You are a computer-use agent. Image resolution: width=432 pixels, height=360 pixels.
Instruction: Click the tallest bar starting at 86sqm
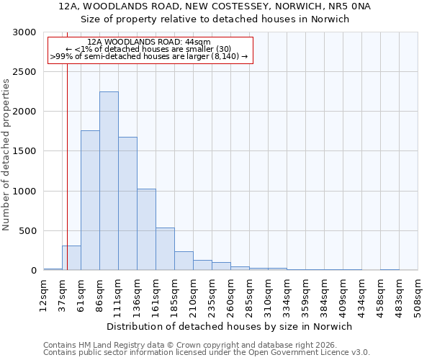coord(109,181)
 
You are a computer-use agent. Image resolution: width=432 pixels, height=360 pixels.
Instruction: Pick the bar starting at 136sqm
coord(146,230)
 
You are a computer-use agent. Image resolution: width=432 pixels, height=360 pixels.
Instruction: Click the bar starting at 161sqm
coord(165,249)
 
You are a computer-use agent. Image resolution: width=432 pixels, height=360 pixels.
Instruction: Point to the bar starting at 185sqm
coord(184,261)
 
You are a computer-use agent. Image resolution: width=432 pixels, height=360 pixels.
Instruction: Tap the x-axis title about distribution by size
coord(230,326)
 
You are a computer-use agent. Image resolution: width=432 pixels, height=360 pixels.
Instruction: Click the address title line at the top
coord(215,6)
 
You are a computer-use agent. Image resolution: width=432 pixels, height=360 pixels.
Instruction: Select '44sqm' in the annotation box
coord(198,42)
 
